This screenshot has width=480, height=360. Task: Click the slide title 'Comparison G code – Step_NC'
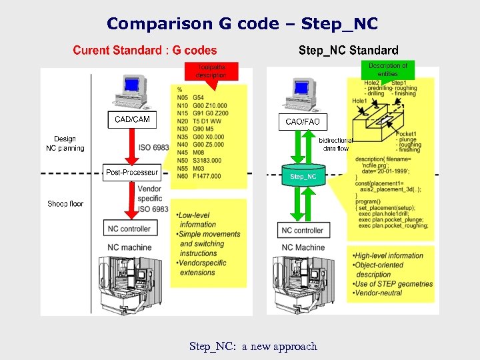(x=242, y=24)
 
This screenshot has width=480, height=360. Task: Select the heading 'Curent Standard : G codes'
(x=145, y=50)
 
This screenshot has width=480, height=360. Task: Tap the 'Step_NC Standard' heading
(x=348, y=50)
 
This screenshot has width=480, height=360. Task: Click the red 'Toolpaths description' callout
(x=211, y=71)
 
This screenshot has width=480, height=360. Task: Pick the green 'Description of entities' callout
(x=388, y=69)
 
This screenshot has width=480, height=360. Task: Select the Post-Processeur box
(x=132, y=173)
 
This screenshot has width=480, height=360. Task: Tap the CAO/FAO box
(x=303, y=122)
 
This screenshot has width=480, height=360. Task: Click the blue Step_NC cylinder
(x=303, y=177)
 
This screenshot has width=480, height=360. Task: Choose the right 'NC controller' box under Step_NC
(x=303, y=230)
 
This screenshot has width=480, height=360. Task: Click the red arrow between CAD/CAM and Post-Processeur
(x=132, y=146)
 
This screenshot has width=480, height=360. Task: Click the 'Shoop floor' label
(x=65, y=203)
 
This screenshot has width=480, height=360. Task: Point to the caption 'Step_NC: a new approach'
(x=253, y=346)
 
